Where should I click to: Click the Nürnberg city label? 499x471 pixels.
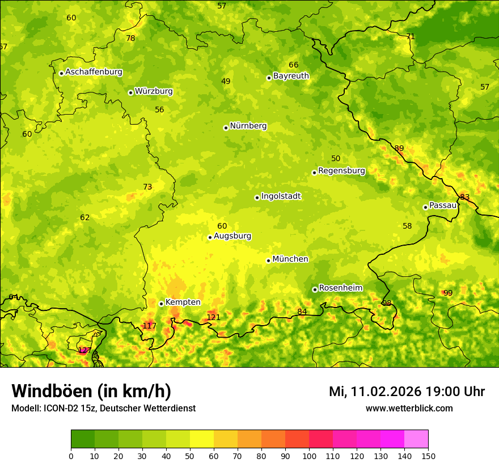coord(248,126)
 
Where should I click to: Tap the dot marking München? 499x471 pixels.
coord(269,260)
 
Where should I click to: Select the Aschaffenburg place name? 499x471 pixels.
coord(94,72)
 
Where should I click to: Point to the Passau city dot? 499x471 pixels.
coord(425,207)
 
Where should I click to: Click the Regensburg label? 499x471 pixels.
coord(341,171)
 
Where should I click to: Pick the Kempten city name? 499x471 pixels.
coord(183,302)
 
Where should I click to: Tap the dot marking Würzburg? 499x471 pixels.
coord(130,92)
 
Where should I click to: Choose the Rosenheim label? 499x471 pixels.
coord(340,288)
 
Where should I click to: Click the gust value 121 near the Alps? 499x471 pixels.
coord(213,317)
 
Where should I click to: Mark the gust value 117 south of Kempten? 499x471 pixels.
coord(149,326)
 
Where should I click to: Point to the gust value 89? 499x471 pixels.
coord(399,149)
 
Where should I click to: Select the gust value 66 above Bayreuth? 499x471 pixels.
coord(293,65)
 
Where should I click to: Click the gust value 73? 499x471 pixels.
coord(147,187)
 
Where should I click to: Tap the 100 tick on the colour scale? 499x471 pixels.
coord(309,456)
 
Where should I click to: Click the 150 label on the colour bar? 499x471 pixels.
coord(428,456)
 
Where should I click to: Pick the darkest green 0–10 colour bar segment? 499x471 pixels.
coord(83,439)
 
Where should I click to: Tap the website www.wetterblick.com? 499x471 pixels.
coord(409,408)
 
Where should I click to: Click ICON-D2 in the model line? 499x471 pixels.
coord(62,408)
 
